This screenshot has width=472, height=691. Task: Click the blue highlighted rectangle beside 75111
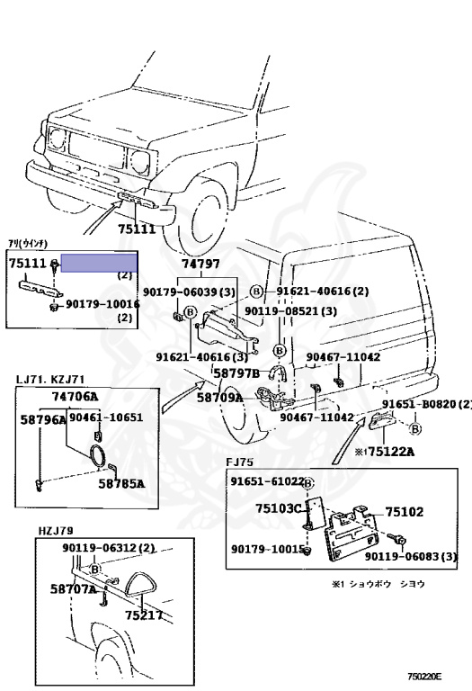click(100, 262)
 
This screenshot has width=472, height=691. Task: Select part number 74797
click(200, 264)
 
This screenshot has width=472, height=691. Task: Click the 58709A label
click(219, 397)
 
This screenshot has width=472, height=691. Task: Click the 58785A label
click(121, 483)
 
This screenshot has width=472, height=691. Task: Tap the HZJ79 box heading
click(55, 531)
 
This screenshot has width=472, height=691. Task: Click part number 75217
click(144, 615)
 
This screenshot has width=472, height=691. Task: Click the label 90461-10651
click(106, 417)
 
